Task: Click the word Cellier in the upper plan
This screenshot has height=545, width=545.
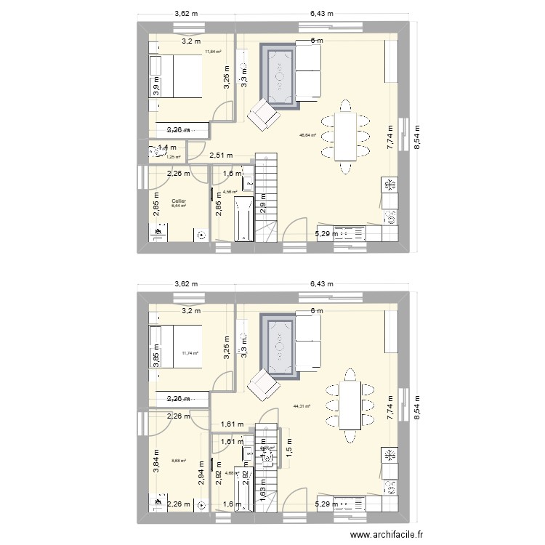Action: coord(179,201)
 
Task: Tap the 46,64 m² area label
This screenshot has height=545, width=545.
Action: coord(308,135)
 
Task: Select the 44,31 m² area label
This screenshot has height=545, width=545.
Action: coord(302,407)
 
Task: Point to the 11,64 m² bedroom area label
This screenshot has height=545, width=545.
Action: coord(213,52)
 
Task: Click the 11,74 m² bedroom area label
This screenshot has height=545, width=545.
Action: coord(190,353)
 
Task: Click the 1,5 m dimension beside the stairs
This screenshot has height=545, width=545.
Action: coord(288,451)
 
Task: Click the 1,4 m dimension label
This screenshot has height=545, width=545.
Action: coord(166,148)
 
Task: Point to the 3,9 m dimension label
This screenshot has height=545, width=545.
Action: coord(156,86)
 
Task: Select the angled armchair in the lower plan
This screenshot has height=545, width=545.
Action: coord(263,386)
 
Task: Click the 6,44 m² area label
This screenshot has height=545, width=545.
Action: coord(179,206)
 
